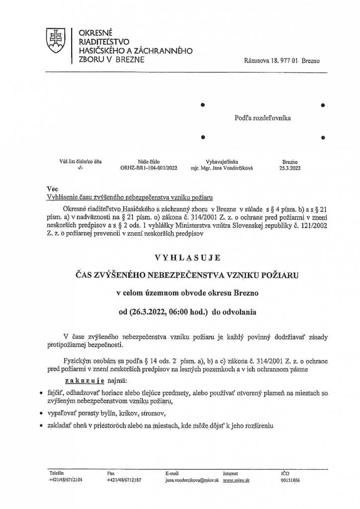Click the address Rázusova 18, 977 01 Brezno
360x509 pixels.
pos(282,61)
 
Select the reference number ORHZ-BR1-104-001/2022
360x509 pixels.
pos(149,168)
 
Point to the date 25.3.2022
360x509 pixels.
pos(289,168)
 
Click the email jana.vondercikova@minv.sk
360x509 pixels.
pos(192,481)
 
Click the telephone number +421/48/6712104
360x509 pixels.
pos(66,481)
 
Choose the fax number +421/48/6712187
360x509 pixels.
pos(124,481)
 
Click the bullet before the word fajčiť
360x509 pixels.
pos(41,393)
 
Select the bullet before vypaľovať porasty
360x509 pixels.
pos(41,414)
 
